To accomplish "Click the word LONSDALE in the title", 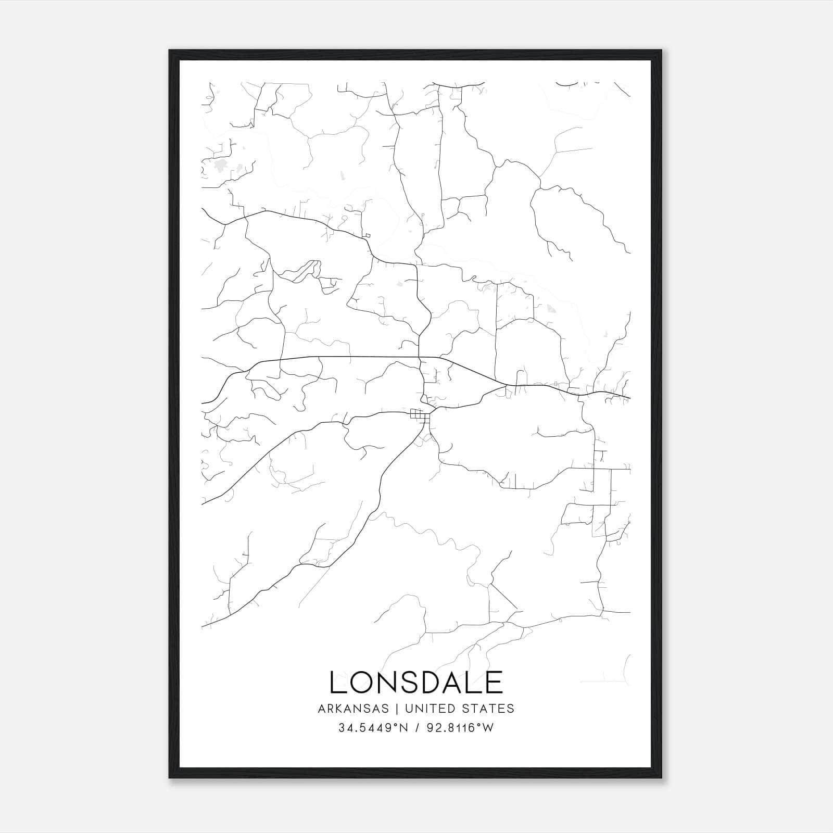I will pyautogui.click(x=416, y=682).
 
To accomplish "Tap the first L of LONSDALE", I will pyautogui.click(x=337, y=682).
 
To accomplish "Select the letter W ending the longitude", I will pyautogui.click(x=489, y=728).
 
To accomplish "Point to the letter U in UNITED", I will pyautogui.click(x=409, y=709).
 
